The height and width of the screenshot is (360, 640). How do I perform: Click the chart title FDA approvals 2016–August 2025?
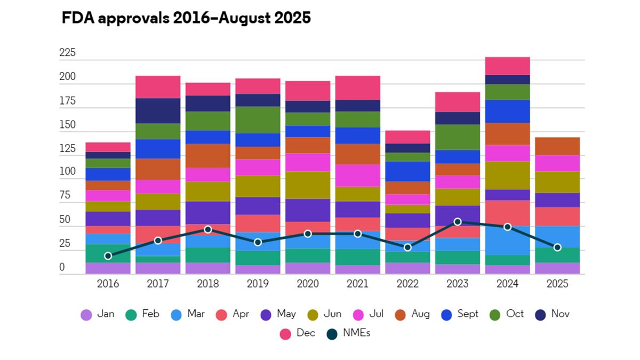coord(186,18)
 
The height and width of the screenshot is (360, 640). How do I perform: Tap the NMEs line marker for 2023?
coord(458,221)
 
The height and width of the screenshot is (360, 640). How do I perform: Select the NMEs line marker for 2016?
coord(108,256)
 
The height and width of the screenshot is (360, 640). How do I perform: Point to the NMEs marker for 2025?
coord(557,247)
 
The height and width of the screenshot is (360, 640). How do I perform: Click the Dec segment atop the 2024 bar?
coord(507,66)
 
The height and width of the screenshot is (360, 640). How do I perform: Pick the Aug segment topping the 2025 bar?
coord(557,146)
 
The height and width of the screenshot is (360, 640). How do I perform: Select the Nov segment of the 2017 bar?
coord(158,110)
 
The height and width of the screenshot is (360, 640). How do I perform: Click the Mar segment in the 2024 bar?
coord(507,240)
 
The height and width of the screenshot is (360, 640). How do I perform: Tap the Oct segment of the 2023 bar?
coord(458,137)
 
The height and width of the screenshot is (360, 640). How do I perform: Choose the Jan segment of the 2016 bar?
coord(108,268)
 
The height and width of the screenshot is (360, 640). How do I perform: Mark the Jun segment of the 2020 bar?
coord(308,185)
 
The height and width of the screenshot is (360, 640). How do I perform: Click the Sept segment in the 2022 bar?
coord(407,171)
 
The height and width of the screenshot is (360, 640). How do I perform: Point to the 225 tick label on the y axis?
coord(67,53)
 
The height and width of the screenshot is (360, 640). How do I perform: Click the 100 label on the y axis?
coord(67,172)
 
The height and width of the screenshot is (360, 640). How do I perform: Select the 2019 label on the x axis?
coord(258,284)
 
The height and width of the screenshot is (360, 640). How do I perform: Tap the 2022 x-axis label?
coord(407,284)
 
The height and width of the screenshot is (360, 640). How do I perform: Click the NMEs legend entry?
coord(350,333)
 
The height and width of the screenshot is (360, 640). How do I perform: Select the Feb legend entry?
coord(143,314)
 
